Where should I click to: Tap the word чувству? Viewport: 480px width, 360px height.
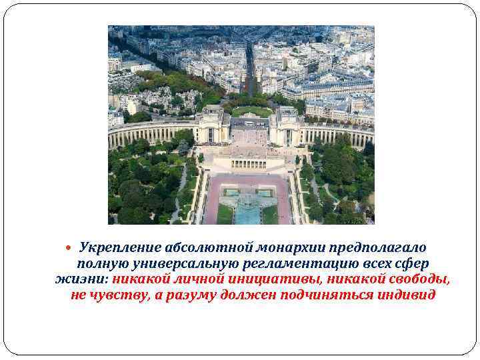[x=120, y=295]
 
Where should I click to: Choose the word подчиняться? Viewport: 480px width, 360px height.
[x=339, y=295]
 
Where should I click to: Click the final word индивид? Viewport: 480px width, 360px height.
[x=412, y=295]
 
